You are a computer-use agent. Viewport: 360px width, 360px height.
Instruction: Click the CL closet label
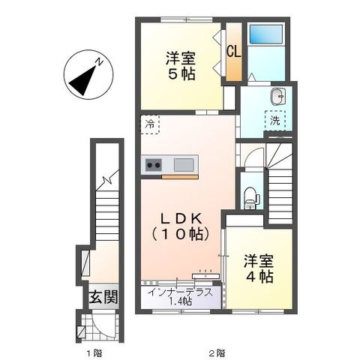point(234,52)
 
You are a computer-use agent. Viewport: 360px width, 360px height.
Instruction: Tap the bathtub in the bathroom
point(266,34)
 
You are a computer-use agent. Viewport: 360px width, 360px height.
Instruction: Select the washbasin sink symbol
point(278,96)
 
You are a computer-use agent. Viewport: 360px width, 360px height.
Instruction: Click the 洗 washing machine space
point(275,121)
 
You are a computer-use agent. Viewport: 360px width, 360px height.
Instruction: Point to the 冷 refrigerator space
point(150,124)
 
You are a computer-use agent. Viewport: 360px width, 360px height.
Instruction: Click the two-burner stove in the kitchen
point(153,165)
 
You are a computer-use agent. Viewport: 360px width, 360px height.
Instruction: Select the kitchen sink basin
point(184,165)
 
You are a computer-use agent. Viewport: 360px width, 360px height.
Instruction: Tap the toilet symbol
point(249,198)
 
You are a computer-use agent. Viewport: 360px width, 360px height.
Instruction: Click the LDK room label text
point(181,226)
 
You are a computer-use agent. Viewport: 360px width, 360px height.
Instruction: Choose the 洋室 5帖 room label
point(181,66)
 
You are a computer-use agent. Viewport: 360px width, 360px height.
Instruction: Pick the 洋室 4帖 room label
point(259,268)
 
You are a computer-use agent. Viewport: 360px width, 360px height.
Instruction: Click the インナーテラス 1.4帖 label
point(181,297)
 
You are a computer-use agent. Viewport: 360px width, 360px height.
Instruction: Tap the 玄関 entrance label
point(103,296)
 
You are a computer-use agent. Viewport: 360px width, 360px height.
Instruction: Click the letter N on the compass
point(100,61)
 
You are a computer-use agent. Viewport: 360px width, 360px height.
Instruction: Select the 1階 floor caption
point(94,353)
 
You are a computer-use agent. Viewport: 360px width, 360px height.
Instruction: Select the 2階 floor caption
point(217,353)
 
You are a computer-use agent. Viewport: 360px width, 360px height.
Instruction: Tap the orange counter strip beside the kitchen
point(180,177)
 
